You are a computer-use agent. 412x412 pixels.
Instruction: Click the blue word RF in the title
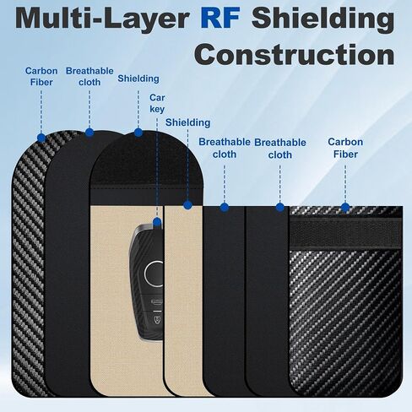point(220,18)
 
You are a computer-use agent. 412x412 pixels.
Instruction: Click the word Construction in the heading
point(295,54)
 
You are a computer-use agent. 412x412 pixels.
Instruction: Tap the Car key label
point(157,103)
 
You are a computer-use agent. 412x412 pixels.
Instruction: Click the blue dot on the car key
point(157,222)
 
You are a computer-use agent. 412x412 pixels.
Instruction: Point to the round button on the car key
point(154,273)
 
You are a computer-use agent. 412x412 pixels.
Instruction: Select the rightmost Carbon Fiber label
point(345,148)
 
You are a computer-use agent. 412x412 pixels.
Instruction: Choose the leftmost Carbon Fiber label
point(41,77)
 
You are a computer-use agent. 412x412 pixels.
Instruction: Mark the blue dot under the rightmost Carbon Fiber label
point(345,208)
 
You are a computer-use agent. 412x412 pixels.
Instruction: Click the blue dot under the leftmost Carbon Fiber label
point(41,138)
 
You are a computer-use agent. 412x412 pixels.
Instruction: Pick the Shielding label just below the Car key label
point(187,122)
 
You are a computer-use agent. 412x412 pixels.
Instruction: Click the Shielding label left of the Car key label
point(138,79)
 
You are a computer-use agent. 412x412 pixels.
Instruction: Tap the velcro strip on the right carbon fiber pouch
point(345,233)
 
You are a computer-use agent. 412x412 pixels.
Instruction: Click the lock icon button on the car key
point(158,320)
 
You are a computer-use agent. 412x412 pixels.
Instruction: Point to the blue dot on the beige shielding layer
point(187,205)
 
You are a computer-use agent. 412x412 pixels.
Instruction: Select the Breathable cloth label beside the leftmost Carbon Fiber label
point(89,77)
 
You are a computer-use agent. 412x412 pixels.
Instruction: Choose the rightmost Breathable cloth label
point(280,149)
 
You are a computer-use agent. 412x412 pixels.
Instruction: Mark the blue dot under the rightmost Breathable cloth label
point(279,208)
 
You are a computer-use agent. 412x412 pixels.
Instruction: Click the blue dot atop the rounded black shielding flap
point(138,133)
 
